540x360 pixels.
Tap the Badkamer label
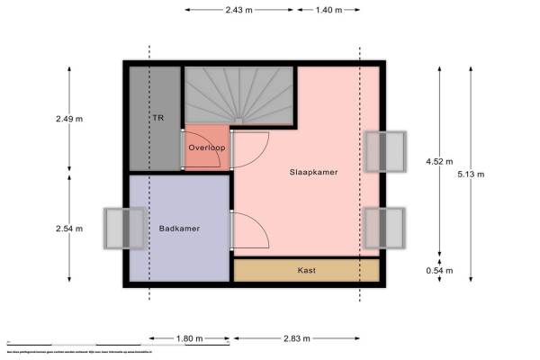(179, 229)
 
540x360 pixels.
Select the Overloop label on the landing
(206, 147)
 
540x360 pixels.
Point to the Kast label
(306, 270)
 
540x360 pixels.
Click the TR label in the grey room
(157, 118)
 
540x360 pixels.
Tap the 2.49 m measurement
(68, 118)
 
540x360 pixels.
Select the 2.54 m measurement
(68, 229)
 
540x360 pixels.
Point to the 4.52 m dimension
(439, 162)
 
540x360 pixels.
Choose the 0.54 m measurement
(439, 270)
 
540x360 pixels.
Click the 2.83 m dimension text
(296, 339)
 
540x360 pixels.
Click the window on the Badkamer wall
(123, 229)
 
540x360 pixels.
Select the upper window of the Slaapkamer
(385, 150)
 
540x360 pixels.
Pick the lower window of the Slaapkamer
(385, 228)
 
